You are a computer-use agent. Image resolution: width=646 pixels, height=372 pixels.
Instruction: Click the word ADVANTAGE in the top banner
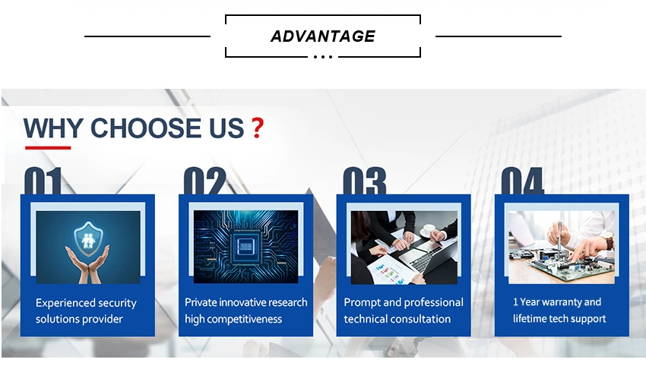click(x=322, y=36)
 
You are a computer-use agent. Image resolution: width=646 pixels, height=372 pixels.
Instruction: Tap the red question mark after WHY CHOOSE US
click(x=258, y=128)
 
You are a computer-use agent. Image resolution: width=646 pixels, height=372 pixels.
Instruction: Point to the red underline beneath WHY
click(x=48, y=147)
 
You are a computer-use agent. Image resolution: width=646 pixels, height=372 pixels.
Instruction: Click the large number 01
click(x=43, y=180)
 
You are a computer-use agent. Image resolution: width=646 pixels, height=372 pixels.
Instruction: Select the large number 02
click(x=204, y=180)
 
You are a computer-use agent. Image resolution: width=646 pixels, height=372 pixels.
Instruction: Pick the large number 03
click(x=365, y=180)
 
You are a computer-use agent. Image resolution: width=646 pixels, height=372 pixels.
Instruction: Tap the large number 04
click(x=522, y=180)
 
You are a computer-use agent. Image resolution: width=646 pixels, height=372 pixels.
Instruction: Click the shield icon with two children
click(x=88, y=238)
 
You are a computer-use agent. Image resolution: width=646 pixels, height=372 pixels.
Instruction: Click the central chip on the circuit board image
click(x=245, y=247)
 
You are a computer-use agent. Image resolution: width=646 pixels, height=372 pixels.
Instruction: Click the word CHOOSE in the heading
click(x=147, y=128)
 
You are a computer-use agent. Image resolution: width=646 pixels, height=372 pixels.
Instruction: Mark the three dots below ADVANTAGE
click(x=323, y=57)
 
